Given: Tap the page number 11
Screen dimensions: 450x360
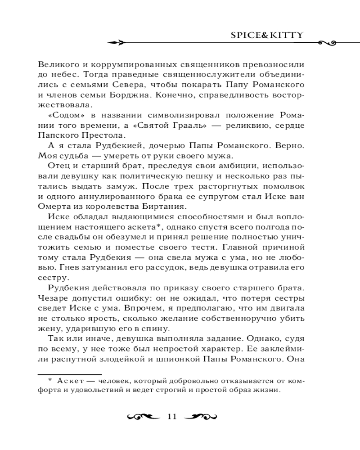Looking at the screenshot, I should pos(171,416).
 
